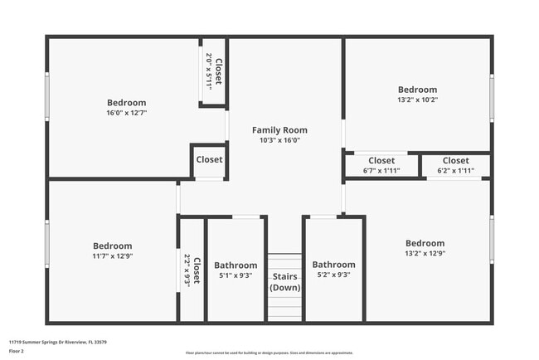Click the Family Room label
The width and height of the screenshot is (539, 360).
pyautogui.click(x=279, y=130)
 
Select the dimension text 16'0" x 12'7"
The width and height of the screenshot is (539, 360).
pyautogui.click(x=126, y=113)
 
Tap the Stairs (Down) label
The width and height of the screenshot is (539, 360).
pyautogui.click(x=285, y=282)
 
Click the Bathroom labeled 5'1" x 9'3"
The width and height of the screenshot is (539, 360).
pyautogui.click(x=236, y=270)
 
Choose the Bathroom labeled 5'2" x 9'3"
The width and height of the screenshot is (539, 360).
pyautogui.click(x=333, y=270)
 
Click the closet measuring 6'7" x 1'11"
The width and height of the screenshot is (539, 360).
pyautogui.click(x=381, y=165)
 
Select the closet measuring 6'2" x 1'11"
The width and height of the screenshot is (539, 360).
pyautogui.click(x=455, y=165)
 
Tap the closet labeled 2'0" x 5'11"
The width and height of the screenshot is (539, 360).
pyautogui.click(x=214, y=71)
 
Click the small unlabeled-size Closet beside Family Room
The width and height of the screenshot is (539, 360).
pyautogui.click(x=209, y=160)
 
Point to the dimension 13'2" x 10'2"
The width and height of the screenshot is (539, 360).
pyautogui.click(x=416, y=100)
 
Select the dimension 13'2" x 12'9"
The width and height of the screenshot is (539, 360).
pyautogui.click(x=425, y=254)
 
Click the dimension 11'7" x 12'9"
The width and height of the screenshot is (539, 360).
pyautogui.click(x=112, y=256)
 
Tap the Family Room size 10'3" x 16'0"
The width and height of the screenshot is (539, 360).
pyautogui.click(x=279, y=140)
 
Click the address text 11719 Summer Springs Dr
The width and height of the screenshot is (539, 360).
pyautogui.click(x=58, y=341)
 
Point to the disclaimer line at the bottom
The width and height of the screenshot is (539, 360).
pyautogui.click(x=269, y=353)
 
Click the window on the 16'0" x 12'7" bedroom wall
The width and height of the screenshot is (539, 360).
pyautogui.click(x=47, y=97)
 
